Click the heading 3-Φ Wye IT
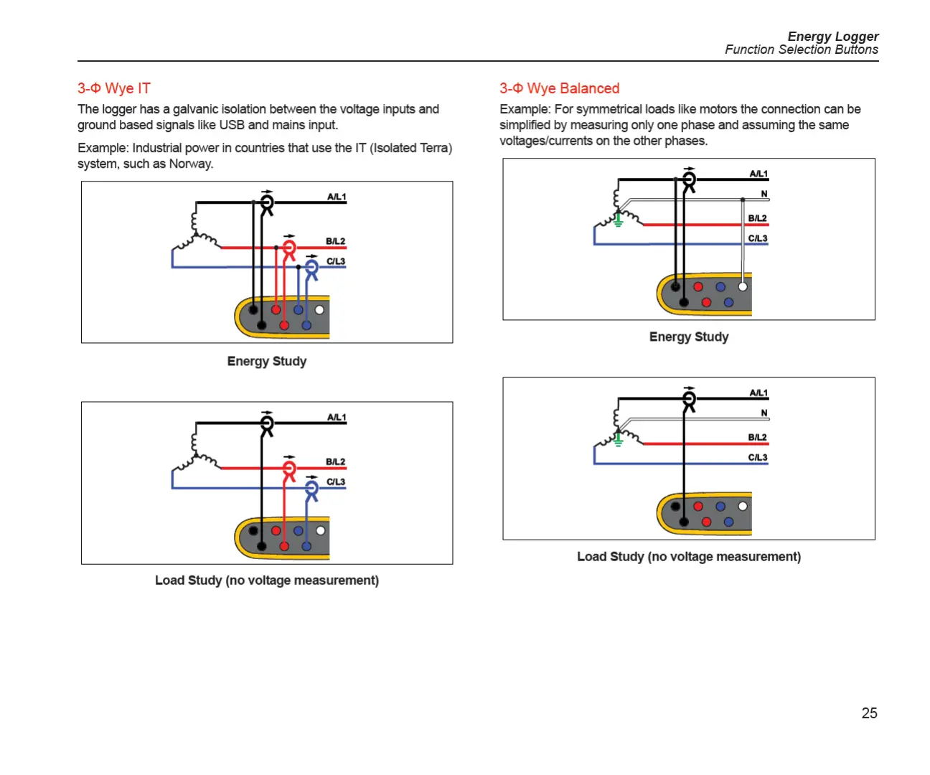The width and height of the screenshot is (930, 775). click(114, 88)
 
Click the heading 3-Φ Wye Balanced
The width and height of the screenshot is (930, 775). click(559, 88)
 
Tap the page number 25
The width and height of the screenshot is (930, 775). click(869, 713)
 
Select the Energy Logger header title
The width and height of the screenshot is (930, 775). click(832, 37)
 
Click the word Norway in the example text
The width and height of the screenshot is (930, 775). click(190, 164)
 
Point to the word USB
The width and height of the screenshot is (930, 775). click(232, 125)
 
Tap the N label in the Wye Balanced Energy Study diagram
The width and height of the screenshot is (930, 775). click(764, 194)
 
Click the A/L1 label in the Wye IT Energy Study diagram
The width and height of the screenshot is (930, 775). click(337, 197)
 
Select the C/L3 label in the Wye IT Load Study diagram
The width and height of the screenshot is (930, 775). click(336, 482)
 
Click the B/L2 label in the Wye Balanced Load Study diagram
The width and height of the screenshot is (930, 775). click(758, 437)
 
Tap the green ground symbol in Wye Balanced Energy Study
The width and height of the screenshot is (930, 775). click(618, 220)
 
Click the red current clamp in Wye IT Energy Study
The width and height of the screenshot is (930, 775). click(289, 250)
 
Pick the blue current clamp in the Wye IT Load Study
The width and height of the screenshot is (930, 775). click(311, 491)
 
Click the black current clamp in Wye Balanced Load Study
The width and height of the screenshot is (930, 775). click(689, 400)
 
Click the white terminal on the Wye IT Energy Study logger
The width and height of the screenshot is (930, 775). click(319, 310)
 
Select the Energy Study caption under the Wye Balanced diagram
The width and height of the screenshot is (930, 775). click(689, 337)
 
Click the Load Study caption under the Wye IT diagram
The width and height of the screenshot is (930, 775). click(267, 580)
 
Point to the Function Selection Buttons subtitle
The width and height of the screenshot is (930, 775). click(801, 50)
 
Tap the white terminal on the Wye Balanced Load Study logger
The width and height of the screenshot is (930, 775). click(743, 506)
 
